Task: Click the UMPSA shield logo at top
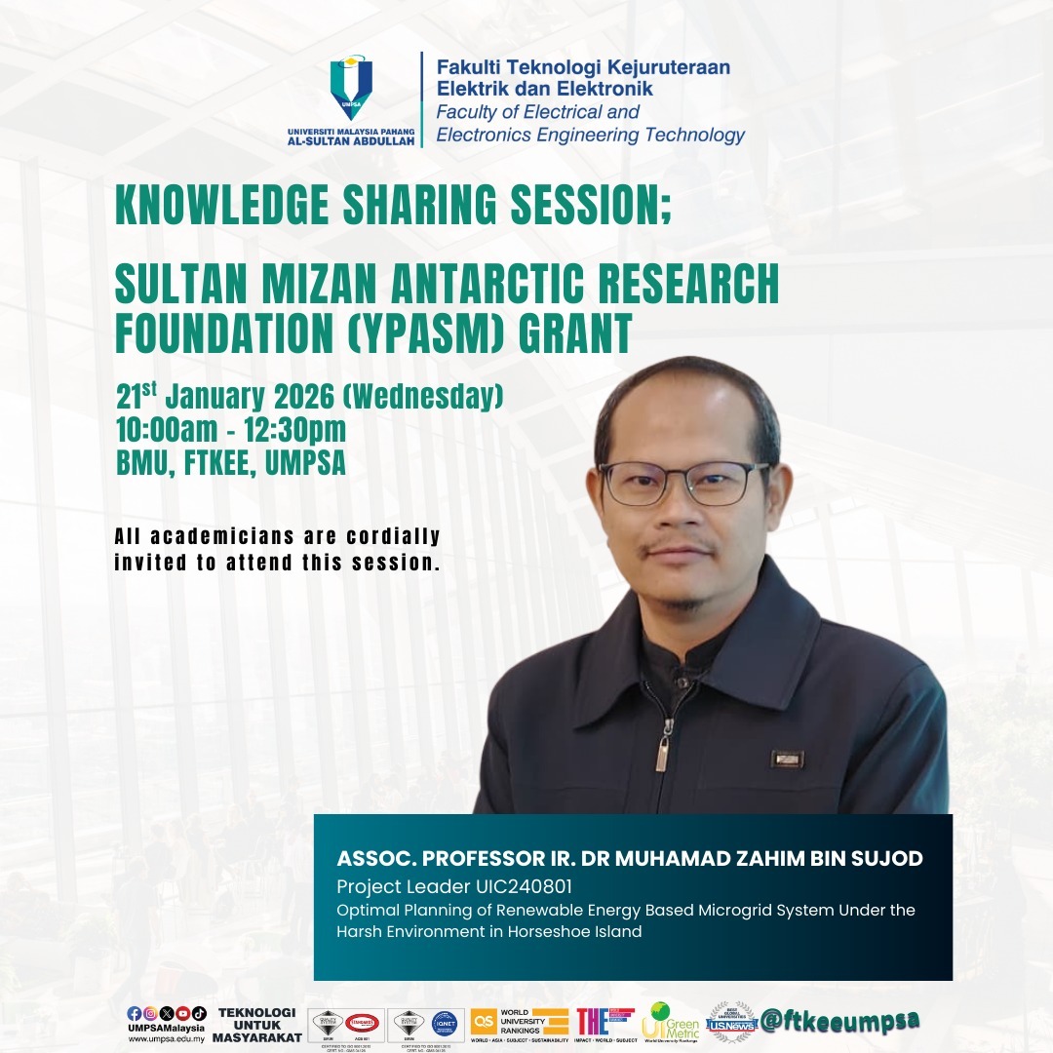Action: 351,88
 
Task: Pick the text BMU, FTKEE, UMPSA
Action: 231,463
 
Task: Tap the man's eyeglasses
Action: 682,483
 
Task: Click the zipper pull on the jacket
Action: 663,751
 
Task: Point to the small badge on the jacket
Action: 787,759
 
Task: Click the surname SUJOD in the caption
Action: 887,859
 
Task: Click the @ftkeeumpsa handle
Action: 841,1020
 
